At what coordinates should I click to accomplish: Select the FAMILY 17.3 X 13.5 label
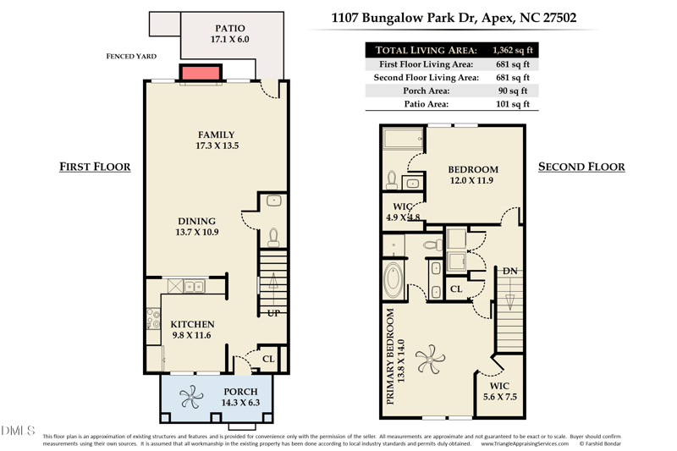point(216,140)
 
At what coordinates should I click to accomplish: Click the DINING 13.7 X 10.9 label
point(196,227)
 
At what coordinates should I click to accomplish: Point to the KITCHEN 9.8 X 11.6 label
point(192,329)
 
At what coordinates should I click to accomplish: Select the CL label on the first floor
point(268,359)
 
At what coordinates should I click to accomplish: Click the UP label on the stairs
point(273,313)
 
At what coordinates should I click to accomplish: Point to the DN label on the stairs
point(509,271)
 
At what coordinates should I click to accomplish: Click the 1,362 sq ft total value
point(515,50)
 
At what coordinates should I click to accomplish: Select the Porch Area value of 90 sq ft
point(511,91)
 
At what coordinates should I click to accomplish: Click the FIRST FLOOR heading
point(95,167)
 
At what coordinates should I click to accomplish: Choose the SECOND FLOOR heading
point(581,167)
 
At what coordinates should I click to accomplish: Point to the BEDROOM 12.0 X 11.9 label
point(472,174)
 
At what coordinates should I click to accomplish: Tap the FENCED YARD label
point(131,57)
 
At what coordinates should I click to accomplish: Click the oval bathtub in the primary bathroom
point(394,281)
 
